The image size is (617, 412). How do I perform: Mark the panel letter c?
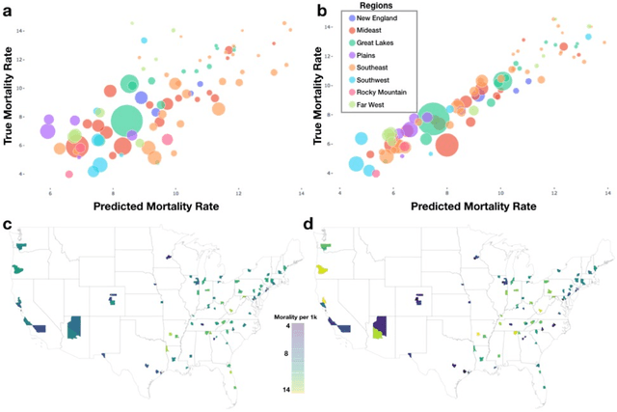(8, 226)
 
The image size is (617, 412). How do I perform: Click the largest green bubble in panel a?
(132, 121)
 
